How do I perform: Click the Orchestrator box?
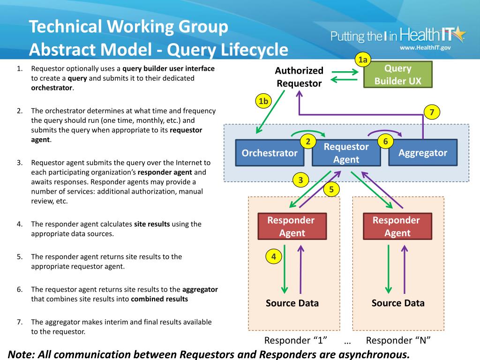click(270, 153)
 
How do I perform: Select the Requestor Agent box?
click(346, 153)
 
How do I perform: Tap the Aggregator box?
click(423, 153)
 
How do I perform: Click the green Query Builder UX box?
click(398, 75)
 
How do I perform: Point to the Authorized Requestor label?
click(299, 77)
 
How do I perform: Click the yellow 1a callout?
click(363, 60)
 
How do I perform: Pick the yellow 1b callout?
click(264, 101)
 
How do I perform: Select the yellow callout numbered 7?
click(432, 112)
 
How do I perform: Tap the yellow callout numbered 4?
click(274, 256)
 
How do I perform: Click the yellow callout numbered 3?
click(300, 180)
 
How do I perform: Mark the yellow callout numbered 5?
click(331, 189)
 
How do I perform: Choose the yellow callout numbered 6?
click(385, 141)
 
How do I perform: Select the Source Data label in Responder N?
click(398, 303)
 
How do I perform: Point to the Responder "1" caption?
click(296, 340)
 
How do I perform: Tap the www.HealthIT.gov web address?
click(425, 48)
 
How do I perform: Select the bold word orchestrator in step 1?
click(52, 88)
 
